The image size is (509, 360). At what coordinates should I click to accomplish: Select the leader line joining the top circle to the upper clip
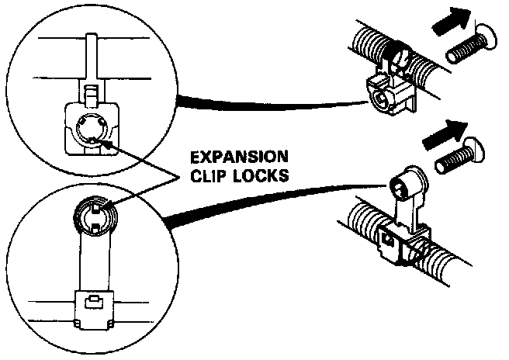272,107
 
